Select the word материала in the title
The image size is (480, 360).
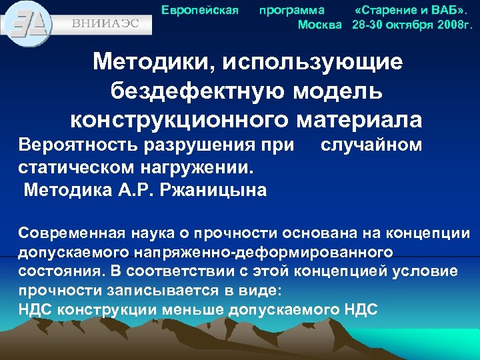(x=361, y=119)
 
